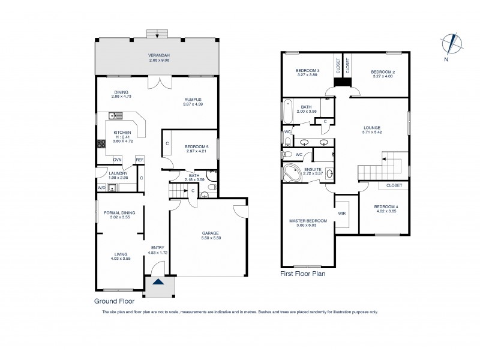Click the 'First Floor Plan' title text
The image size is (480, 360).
point(303,273)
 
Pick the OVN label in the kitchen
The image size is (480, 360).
point(118,159)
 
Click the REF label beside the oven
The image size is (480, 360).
point(139,159)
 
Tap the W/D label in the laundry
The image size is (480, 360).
point(101,188)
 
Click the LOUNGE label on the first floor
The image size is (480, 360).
point(372,127)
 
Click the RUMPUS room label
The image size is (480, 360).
point(192,100)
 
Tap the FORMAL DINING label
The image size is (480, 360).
point(119,212)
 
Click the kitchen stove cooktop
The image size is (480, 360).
point(101,143)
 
